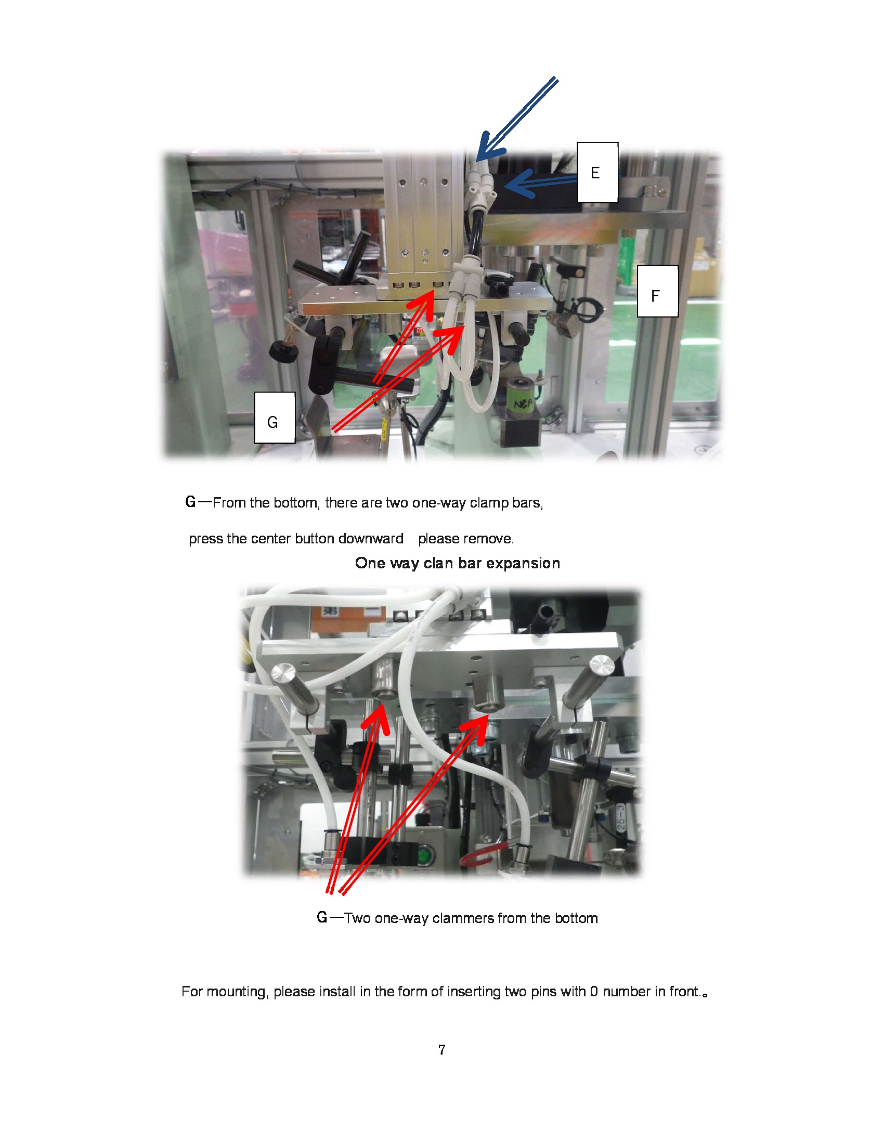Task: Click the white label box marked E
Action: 597,172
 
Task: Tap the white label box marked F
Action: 657,291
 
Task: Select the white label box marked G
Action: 275,418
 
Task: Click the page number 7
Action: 441,1050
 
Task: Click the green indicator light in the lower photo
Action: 424,856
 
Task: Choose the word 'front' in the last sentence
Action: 684,992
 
